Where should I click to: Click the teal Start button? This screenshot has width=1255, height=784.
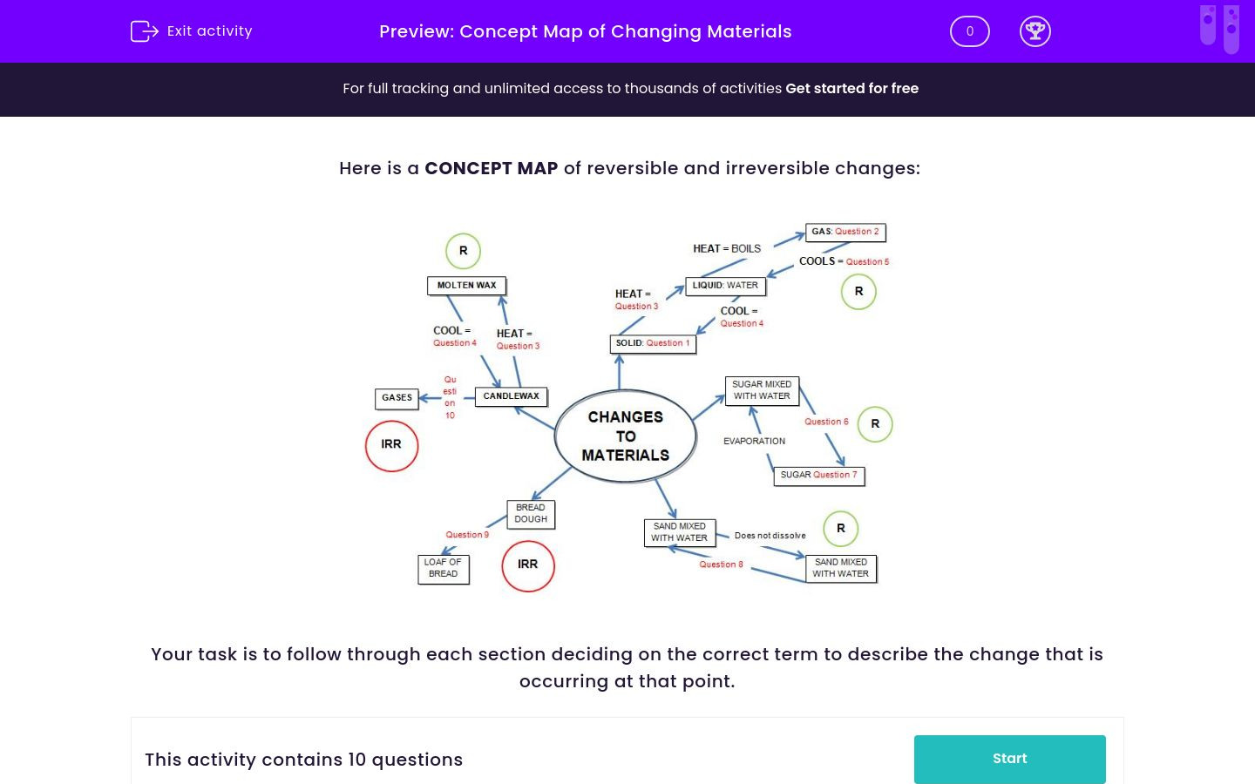(1009, 759)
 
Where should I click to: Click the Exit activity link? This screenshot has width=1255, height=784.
(192, 31)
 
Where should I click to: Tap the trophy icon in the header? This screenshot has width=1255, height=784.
(1035, 31)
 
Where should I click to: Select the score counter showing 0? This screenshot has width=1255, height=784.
(969, 31)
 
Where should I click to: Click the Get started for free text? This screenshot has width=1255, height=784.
(851, 88)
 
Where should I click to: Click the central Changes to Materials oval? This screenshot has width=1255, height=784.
(625, 436)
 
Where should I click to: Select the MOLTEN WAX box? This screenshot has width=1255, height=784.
(466, 285)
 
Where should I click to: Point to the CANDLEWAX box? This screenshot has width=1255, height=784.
(511, 396)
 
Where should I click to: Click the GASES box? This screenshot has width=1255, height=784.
(397, 397)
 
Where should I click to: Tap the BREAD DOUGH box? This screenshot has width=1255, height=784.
(530, 513)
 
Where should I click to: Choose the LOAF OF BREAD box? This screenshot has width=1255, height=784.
(443, 568)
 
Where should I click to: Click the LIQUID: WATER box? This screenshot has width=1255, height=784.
(725, 285)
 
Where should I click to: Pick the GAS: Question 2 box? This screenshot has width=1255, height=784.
(845, 232)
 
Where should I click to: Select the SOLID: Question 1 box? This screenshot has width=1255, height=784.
(652, 343)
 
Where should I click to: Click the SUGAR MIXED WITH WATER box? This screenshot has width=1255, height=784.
(762, 390)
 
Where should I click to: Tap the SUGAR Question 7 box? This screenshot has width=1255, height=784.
(818, 475)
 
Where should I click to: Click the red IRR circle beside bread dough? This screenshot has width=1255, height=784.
(528, 564)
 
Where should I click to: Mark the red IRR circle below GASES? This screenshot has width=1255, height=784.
(391, 445)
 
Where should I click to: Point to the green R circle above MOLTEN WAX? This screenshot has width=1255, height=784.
(463, 251)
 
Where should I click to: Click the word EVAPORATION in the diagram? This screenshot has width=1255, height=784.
(754, 441)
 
